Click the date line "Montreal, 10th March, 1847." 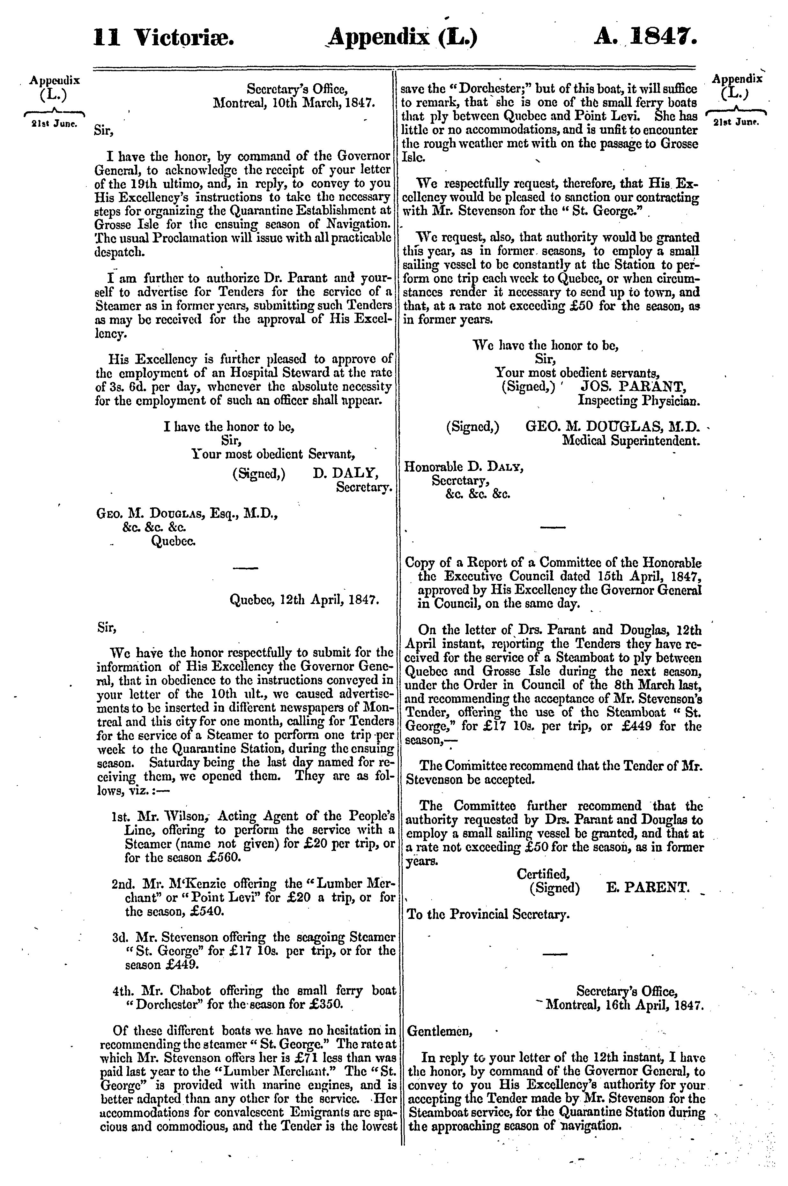[294, 103]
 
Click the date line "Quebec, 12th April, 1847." [304, 600]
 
